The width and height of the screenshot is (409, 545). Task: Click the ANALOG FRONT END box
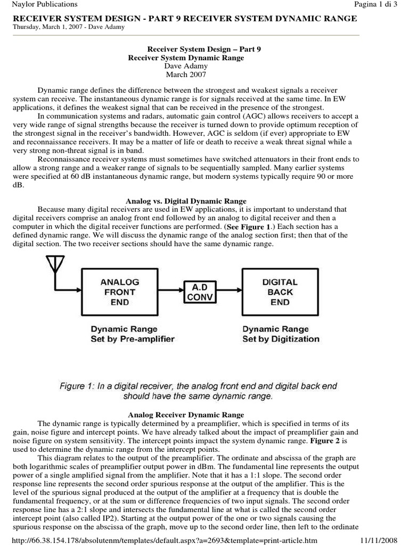coord(120,292)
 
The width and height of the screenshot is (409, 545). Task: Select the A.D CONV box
coord(200,292)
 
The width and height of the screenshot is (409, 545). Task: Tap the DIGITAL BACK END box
coord(280,292)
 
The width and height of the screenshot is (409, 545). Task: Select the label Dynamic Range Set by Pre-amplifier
coord(132,334)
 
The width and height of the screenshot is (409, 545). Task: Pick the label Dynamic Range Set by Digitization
coord(281,334)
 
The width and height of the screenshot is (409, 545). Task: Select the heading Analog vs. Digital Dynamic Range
coord(186,201)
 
